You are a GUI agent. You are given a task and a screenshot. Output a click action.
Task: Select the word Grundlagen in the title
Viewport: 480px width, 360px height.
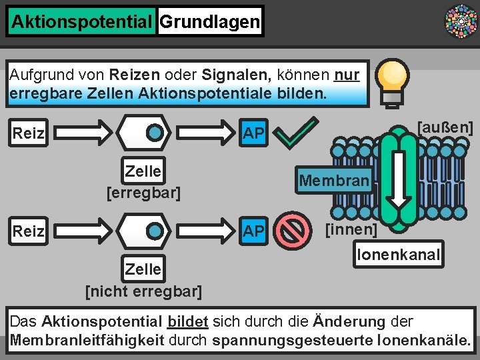tap(209, 22)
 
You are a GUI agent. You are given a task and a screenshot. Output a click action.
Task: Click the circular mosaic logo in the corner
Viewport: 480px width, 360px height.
tap(461, 22)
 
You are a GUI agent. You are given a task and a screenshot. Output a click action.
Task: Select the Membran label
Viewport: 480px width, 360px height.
tap(334, 181)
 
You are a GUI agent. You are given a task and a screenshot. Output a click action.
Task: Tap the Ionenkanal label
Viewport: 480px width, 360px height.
tap(398, 254)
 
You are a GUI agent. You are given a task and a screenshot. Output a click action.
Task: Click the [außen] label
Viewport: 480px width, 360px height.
tap(445, 127)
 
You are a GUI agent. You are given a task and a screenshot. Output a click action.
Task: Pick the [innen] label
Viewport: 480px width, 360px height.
tap(351, 231)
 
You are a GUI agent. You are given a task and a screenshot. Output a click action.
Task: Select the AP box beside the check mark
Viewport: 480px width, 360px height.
tap(253, 133)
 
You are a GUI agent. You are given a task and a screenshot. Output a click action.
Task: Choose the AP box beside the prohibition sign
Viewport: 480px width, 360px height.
tap(253, 231)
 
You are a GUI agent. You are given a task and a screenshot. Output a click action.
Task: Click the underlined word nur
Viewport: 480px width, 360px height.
tap(347, 74)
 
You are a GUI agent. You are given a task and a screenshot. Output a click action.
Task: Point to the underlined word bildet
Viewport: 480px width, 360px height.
tap(188, 321)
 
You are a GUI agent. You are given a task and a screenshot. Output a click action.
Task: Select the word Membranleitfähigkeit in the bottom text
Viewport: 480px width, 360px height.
tap(87, 341)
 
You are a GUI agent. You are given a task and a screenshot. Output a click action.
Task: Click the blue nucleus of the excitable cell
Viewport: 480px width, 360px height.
tap(155, 133)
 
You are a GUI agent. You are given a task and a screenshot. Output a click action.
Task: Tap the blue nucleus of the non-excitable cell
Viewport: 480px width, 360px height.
tap(155, 231)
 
